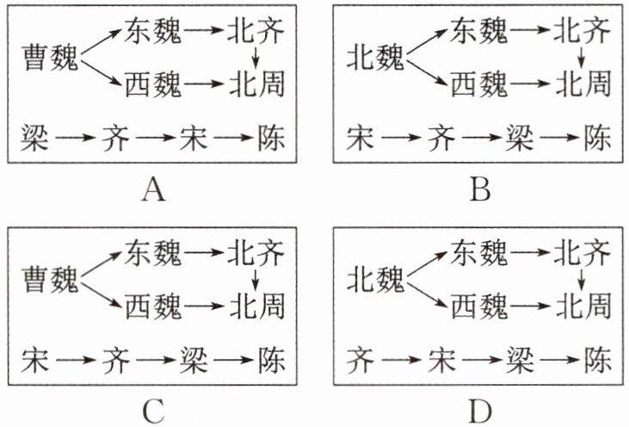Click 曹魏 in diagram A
[50, 59]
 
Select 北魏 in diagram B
[376, 59]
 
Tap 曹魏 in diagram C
[50, 280]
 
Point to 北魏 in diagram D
[376, 280]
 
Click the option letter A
[154, 189]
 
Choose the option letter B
[480, 189]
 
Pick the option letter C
[154, 412]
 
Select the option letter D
[480, 412]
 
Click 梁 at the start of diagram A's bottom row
[35, 138]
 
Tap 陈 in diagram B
[598, 138]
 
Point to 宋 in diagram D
[442, 360]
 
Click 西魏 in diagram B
[479, 84]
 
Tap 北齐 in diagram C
[256, 253]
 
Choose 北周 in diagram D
[583, 306]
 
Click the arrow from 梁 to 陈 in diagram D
[559, 360]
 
